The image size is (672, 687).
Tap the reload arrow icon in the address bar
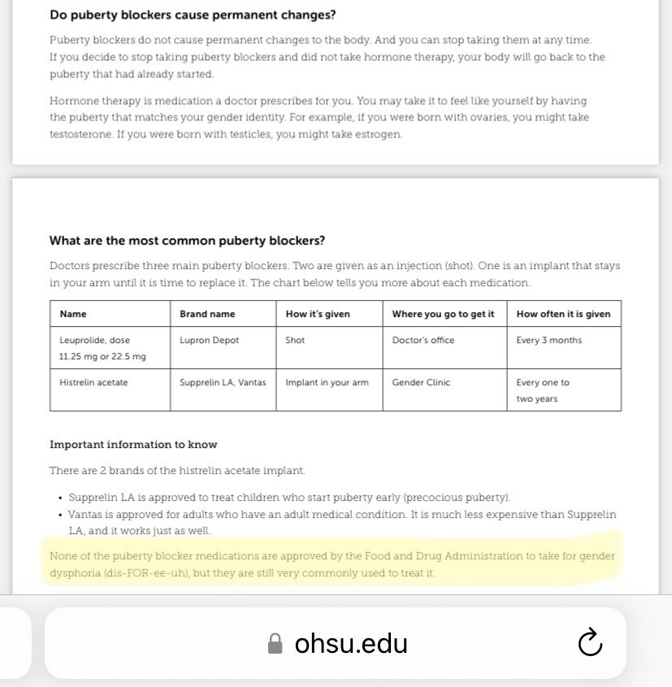(589, 643)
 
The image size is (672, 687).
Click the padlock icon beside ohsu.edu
(275, 644)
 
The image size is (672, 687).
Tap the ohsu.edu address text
(351, 644)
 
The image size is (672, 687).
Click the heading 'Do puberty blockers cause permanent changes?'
(193, 15)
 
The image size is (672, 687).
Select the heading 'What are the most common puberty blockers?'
(187, 241)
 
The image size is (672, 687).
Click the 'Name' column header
(73, 314)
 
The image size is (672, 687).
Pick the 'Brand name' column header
(207, 314)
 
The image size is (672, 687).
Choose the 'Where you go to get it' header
(443, 314)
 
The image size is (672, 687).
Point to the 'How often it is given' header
(563, 314)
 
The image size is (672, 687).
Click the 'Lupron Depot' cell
(210, 341)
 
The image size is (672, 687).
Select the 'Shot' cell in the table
(295, 341)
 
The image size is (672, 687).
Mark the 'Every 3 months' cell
(549, 341)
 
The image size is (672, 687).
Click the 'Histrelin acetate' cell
(93, 383)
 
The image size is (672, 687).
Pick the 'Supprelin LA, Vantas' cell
(223, 383)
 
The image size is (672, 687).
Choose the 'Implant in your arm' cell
(327, 383)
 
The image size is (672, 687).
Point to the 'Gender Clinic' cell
(421, 383)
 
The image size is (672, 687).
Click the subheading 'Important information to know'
(133, 445)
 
